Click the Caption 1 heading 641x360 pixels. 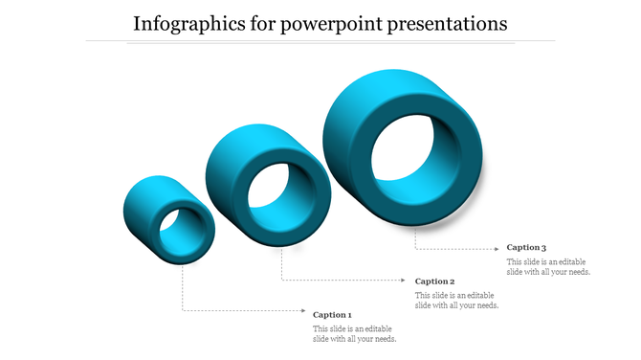tap(333, 314)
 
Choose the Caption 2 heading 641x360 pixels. tap(434, 281)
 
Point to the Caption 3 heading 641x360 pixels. tap(526, 248)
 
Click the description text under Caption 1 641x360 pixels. tap(355, 333)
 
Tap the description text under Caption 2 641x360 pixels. tap(456, 301)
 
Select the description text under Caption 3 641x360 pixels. tap(548, 267)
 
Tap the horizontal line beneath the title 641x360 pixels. tap(320, 41)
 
